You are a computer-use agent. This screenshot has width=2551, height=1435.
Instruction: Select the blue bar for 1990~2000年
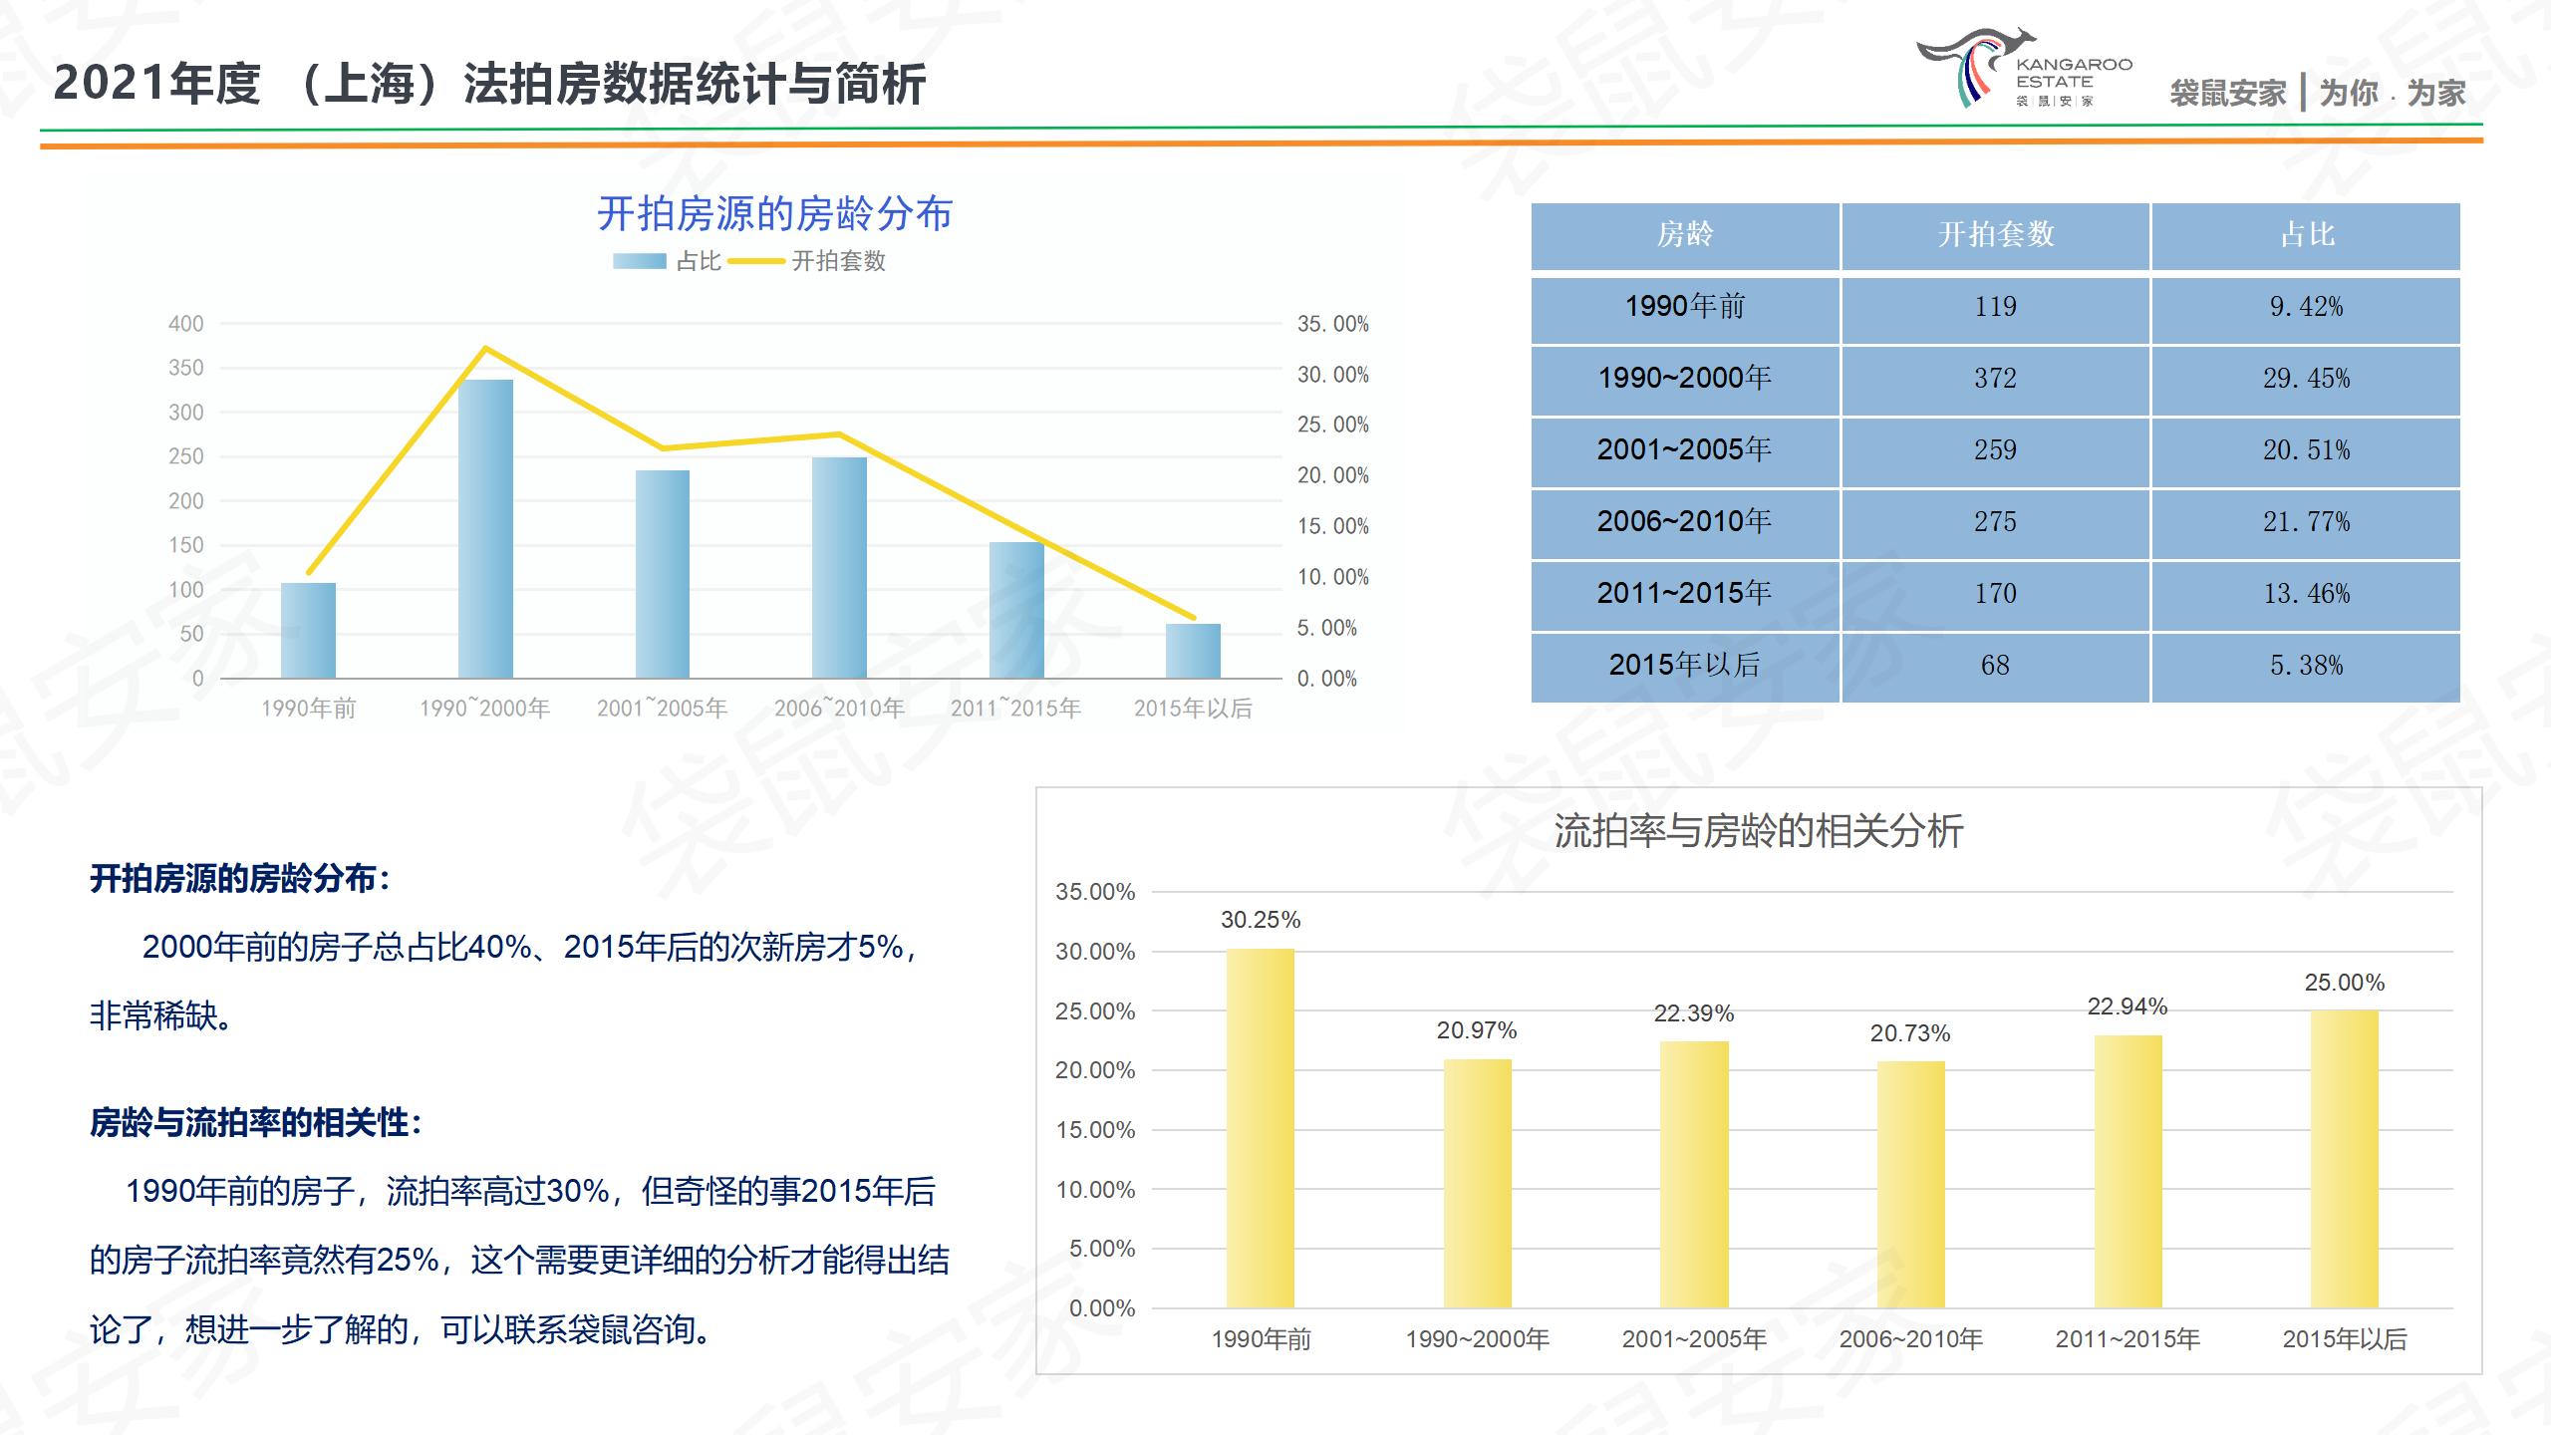pyautogui.click(x=485, y=528)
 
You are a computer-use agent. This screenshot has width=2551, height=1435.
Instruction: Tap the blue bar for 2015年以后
pyautogui.click(x=1193, y=651)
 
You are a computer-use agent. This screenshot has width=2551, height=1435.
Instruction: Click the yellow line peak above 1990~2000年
pyautogui.click(x=485, y=348)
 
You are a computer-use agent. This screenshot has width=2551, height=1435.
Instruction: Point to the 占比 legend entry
pyautogui.click(x=667, y=261)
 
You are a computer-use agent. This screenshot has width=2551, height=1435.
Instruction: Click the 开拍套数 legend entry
pyautogui.click(x=807, y=261)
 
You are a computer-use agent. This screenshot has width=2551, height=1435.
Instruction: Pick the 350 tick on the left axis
pyautogui.click(x=185, y=368)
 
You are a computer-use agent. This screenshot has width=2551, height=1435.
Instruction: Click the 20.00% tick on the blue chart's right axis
pyautogui.click(x=1332, y=475)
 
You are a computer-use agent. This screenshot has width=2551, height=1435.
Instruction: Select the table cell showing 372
pyautogui.click(x=1995, y=379)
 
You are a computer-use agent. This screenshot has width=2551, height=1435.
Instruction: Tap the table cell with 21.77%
pyautogui.click(x=2306, y=522)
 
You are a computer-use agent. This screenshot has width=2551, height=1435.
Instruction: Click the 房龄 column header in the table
pyautogui.click(x=1684, y=235)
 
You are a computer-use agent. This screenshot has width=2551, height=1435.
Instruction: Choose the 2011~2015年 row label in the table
pyautogui.click(x=1684, y=594)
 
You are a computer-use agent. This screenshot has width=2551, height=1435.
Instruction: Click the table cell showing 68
pyautogui.click(x=1995, y=666)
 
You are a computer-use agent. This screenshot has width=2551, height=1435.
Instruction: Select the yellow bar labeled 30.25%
pyautogui.click(x=1261, y=1126)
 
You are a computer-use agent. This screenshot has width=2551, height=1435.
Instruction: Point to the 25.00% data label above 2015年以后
pyautogui.click(x=2344, y=983)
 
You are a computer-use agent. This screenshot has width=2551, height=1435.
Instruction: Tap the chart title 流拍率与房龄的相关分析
pyautogui.click(x=1759, y=831)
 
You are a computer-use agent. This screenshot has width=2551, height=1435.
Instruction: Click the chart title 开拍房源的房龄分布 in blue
pyautogui.click(x=774, y=213)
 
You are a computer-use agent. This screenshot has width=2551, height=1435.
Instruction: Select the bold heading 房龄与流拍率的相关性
pyautogui.click(x=255, y=1123)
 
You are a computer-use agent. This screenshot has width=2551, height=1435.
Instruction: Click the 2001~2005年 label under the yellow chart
pyautogui.click(x=1694, y=1339)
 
